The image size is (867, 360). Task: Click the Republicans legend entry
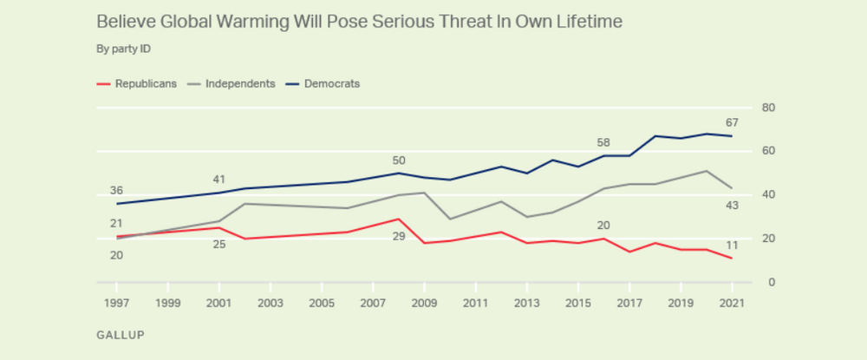point(136,83)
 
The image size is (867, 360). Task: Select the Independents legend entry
point(233,83)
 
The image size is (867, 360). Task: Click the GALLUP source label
point(120,333)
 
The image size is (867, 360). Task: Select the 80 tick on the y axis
point(767,108)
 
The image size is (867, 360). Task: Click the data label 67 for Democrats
point(731,121)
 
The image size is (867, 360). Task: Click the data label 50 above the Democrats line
point(398,160)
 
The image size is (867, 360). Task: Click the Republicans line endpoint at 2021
point(731,259)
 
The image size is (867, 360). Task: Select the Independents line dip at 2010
point(449,219)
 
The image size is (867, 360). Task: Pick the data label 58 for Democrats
point(603,142)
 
